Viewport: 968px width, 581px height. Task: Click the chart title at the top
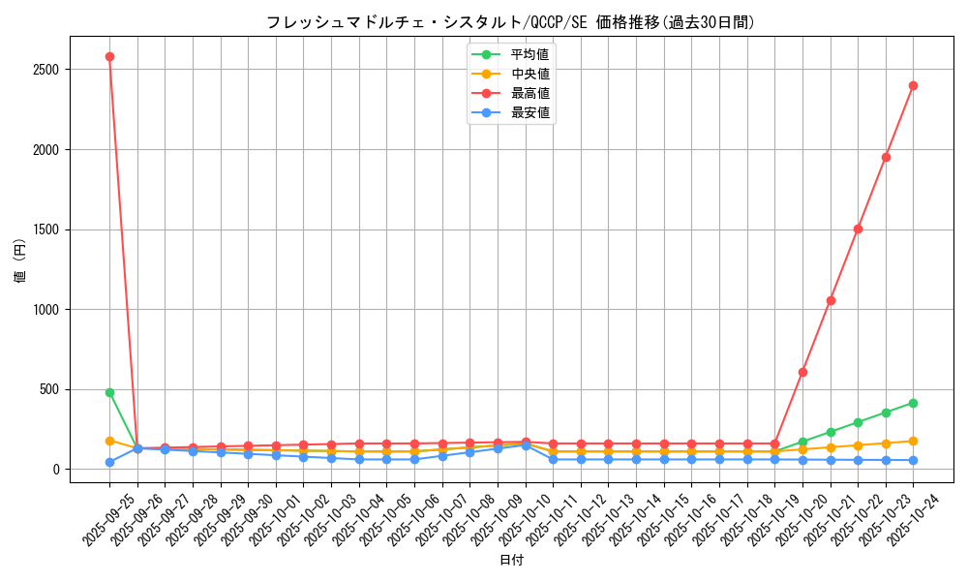click(x=510, y=22)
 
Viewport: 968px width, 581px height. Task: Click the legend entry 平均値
click(x=529, y=54)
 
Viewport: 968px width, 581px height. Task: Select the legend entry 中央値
click(x=529, y=74)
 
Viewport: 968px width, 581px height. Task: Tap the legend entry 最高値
click(x=529, y=93)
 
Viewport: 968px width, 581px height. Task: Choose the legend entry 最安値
click(x=529, y=112)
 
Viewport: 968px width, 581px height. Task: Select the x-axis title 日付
click(x=511, y=561)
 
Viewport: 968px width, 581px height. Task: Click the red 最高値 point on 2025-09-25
click(x=109, y=56)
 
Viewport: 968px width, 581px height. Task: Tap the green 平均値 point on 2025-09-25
click(x=109, y=392)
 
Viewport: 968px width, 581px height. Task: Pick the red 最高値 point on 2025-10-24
click(x=913, y=85)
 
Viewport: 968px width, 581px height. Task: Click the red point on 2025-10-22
click(x=858, y=229)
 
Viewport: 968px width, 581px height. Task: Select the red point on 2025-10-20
click(x=802, y=372)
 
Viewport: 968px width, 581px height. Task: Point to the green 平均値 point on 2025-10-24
click(x=913, y=403)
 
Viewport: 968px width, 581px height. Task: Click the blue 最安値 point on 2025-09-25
click(x=109, y=462)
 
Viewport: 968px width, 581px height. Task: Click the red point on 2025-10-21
click(x=831, y=300)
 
